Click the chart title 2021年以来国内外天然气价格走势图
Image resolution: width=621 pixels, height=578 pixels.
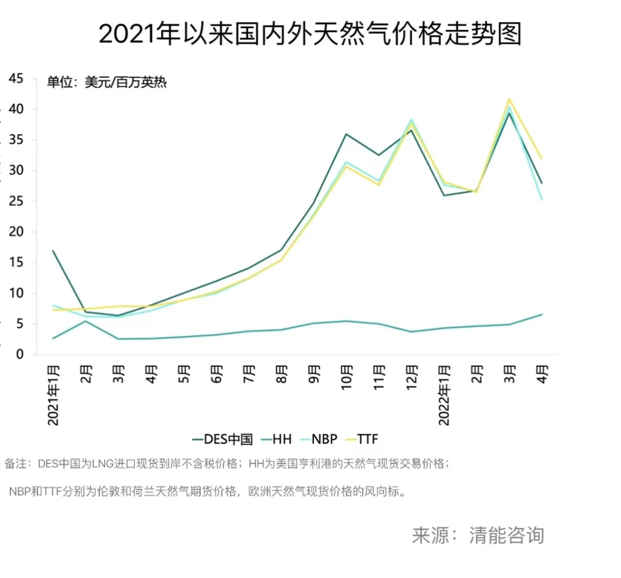click(x=310, y=34)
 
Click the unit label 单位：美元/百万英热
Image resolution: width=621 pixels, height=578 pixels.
click(x=106, y=82)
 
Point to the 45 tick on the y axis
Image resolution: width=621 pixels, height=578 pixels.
click(x=16, y=79)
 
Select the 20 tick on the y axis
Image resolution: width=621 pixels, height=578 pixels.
click(x=16, y=232)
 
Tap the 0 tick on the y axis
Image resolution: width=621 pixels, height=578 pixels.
click(x=20, y=355)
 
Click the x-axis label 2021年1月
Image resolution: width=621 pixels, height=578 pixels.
click(x=53, y=394)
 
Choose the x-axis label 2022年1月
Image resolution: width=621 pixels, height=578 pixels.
click(x=444, y=394)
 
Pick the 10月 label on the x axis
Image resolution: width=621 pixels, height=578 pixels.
click(x=347, y=377)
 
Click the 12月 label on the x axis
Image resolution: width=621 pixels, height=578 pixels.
click(x=412, y=377)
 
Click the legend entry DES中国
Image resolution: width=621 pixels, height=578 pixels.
click(x=223, y=439)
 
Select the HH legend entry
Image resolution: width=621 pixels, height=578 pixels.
click(x=275, y=439)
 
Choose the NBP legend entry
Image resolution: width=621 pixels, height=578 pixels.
click(x=319, y=439)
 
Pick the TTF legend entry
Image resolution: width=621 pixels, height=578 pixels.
click(x=362, y=439)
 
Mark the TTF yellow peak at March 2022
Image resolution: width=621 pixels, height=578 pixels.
click(x=509, y=99)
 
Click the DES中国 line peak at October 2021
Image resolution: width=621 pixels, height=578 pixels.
click(x=346, y=134)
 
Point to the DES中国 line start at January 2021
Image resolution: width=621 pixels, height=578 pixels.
click(x=53, y=251)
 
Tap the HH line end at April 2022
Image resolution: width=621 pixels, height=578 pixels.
click(x=541, y=315)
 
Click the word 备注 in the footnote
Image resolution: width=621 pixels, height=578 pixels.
click(x=16, y=464)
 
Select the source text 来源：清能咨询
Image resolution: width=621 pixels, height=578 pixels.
click(x=477, y=535)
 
